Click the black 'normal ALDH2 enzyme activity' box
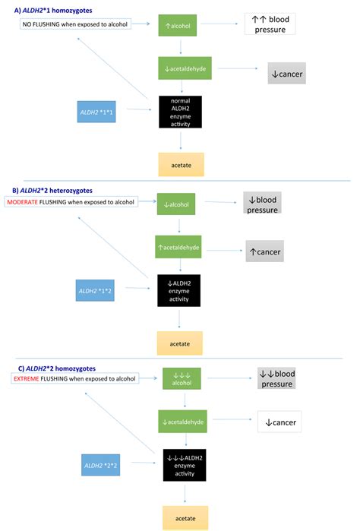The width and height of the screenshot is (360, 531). click(180, 111)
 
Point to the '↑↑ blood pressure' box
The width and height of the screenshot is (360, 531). click(270, 24)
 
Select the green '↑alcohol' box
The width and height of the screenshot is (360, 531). click(180, 25)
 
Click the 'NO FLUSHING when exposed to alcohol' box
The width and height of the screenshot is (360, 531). click(74, 24)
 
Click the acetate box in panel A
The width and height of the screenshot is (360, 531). click(180, 163)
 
